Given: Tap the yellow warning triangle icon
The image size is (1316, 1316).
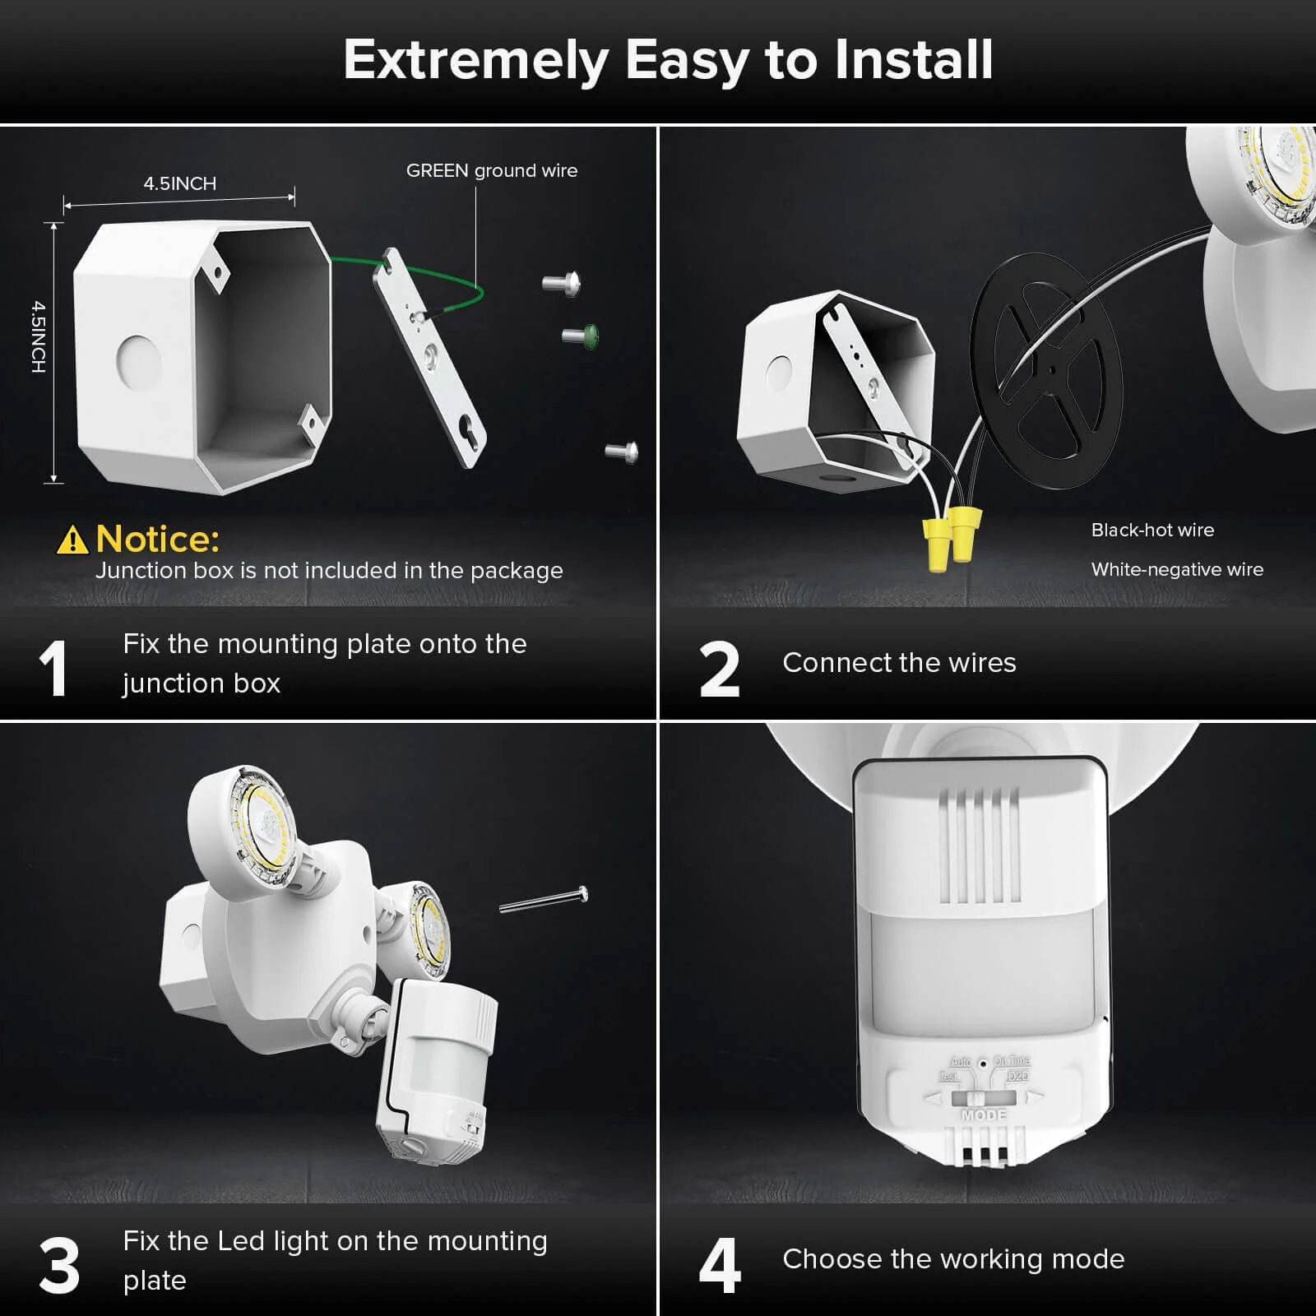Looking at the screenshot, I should click(x=72, y=540).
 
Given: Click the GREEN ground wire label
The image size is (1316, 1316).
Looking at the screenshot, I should click(x=492, y=171).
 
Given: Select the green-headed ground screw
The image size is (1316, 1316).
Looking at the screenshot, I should click(x=583, y=336).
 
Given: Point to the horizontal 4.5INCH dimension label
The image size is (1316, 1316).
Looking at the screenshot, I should click(x=180, y=183).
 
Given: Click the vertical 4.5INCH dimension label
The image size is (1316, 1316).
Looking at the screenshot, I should click(x=39, y=336).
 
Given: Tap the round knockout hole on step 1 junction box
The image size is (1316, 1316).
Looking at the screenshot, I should click(x=138, y=360).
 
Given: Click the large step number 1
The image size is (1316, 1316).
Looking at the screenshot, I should click(x=53, y=670).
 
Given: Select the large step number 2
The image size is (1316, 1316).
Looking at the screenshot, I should click(x=719, y=670).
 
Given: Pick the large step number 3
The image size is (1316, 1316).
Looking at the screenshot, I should click(x=59, y=1266).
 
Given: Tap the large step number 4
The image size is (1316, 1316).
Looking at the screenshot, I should click(x=719, y=1266).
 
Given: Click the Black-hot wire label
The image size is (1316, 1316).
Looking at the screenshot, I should click(x=1152, y=531).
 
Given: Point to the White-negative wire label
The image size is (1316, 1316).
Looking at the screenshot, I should click(x=1177, y=570).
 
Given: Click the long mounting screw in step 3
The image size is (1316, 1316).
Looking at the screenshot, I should click(x=544, y=900).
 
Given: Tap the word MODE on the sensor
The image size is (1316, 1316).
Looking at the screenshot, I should click(x=984, y=1115).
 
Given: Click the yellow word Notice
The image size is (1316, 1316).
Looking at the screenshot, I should click(x=158, y=540).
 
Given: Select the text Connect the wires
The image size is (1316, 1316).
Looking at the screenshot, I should click(x=899, y=663).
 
